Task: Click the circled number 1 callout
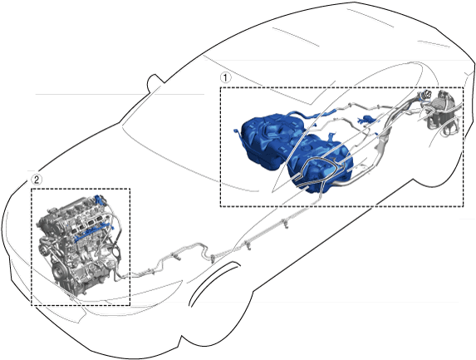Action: coord(225,77)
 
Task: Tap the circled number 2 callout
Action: coord(37,180)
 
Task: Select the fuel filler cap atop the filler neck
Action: coord(426,95)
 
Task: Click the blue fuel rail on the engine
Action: coord(91,232)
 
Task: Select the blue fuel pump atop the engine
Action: coord(98,200)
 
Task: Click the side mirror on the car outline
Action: coord(154,81)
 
